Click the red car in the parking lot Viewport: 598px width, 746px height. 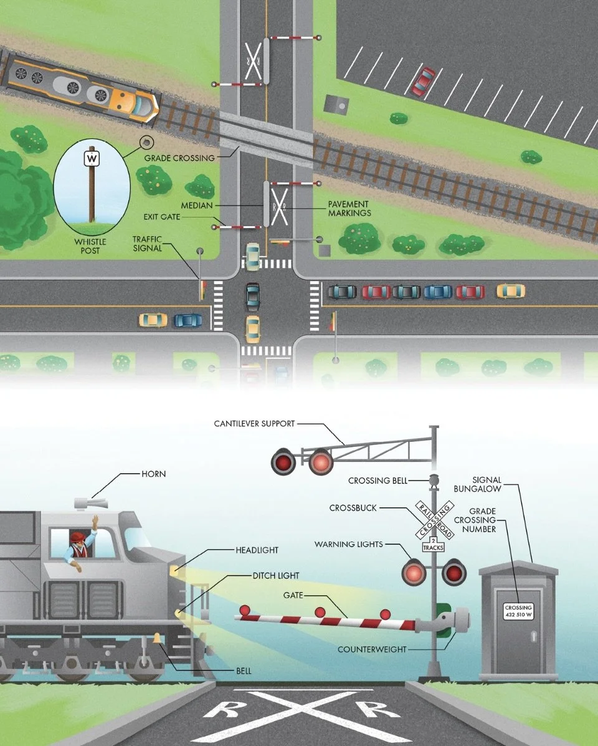(x=424, y=81)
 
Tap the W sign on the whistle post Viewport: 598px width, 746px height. (x=92, y=159)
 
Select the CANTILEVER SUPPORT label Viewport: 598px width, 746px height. (x=254, y=424)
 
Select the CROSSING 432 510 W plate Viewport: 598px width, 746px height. (x=518, y=611)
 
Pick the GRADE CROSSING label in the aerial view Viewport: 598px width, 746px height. (x=179, y=158)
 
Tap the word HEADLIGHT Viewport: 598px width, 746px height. (x=257, y=550)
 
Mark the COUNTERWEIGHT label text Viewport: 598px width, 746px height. (x=372, y=649)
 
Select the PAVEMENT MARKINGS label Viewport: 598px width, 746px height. (x=349, y=209)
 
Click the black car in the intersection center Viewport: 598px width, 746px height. (x=252, y=296)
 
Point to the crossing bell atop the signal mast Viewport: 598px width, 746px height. (x=434, y=481)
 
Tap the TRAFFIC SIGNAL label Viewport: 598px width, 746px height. (x=147, y=243)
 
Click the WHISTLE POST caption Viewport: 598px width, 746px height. (x=91, y=246)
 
